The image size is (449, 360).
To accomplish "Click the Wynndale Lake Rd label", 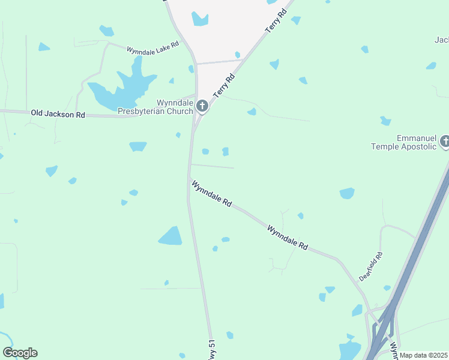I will (152, 50).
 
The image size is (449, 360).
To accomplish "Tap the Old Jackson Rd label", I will (58, 113).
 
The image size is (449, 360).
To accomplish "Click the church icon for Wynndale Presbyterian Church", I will (202, 107).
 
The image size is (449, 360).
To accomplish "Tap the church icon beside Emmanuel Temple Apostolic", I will (445, 142).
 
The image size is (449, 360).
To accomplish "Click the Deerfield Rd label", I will (370, 266).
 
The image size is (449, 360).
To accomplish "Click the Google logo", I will (20, 353).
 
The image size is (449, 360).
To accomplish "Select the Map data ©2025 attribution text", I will (424, 355).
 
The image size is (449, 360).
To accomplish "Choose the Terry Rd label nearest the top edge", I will (276, 22).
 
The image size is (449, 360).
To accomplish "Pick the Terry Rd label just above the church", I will (222, 88).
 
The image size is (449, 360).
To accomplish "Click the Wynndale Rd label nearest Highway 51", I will (211, 194).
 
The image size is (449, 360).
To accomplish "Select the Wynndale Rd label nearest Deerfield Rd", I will (288, 238).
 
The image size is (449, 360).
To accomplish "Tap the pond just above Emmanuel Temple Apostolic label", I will (385, 121).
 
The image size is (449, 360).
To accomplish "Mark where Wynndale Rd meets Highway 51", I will (190, 180).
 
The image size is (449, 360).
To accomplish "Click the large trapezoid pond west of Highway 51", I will (170, 236).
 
